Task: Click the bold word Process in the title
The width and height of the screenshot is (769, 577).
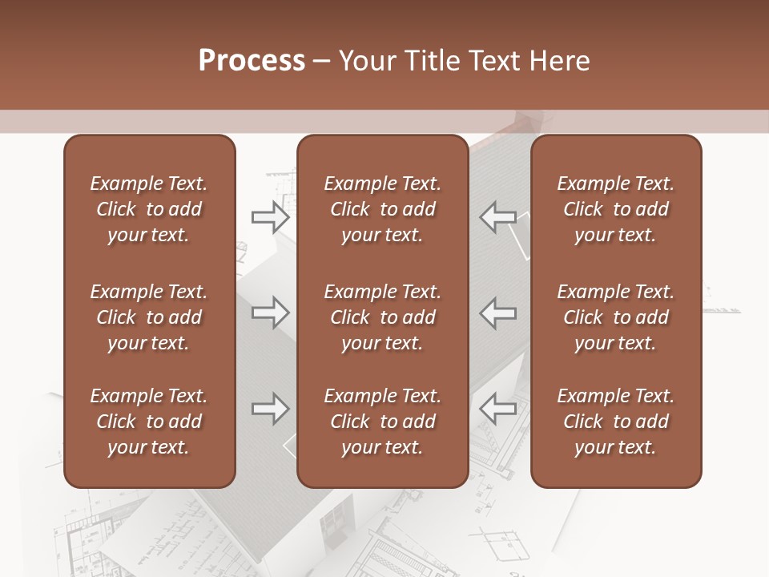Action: point(252,61)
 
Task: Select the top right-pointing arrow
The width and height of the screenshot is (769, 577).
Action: point(270,216)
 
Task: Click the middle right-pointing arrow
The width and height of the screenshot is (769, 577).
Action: point(270,313)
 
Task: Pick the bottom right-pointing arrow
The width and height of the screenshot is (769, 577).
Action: point(270,409)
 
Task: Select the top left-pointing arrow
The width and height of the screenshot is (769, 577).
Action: point(497,216)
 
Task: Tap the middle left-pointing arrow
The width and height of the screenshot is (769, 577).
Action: point(497,313)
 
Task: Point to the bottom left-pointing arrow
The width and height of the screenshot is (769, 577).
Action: point(497,409)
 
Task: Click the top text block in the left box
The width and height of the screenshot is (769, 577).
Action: point(149,209)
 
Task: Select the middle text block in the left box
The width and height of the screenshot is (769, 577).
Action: point(149,317)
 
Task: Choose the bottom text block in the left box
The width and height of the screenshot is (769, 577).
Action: point(149,422)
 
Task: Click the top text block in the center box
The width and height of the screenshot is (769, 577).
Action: point(382,209)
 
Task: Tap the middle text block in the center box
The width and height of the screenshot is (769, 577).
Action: point(382,317)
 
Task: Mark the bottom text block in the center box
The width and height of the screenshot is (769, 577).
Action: point(382,422)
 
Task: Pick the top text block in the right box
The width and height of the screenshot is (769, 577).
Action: point(615,209)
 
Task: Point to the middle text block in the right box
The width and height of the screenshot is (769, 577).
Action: point(615,317)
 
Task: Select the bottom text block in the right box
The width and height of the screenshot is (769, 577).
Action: point(615,422)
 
